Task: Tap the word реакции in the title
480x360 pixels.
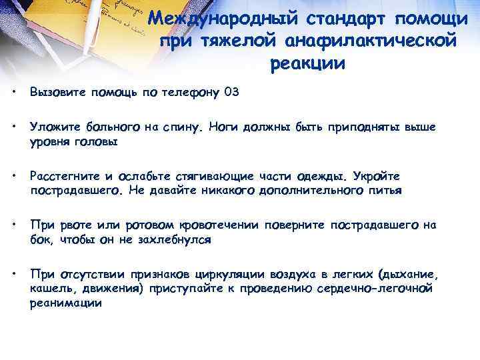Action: coord(308,64)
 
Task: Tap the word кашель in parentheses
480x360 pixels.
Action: coord(49,288)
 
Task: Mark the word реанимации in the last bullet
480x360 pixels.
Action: coord(66,302)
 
